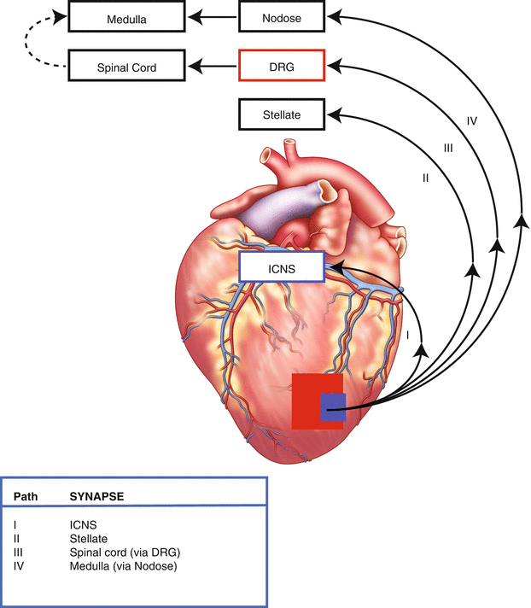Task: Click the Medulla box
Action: tap(126, 17)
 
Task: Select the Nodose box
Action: tap(282, 17)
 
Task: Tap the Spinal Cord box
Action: tap(126, 65)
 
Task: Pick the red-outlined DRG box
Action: tap(282, 65)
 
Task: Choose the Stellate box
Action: tap(282, 113)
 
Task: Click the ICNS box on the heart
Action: tap(282, 267)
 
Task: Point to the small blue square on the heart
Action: tap(332, 407)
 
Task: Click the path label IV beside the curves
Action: tap(471, 120)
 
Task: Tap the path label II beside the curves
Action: tap(424, 178)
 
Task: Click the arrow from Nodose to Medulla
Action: tap(213, 16)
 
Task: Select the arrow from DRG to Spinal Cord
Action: tap(213, 65)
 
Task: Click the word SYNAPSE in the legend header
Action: tap(97, 495)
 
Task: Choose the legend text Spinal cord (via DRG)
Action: tap(125, 552)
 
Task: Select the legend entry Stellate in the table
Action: tap(88, 539)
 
